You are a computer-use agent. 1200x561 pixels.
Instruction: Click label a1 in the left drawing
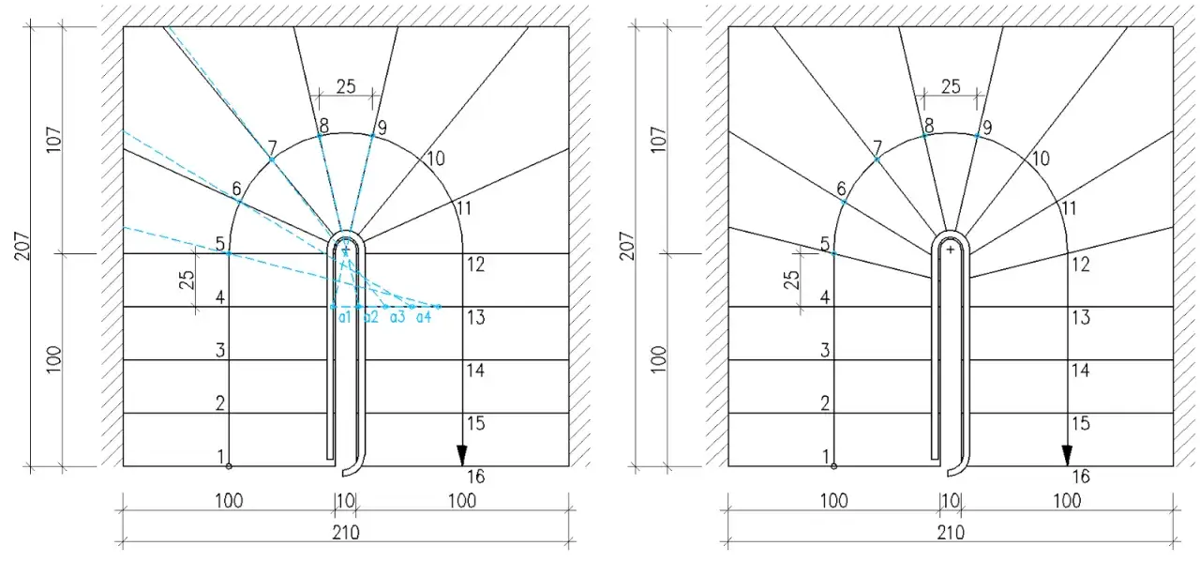pyautogui.click(x=344, y=317)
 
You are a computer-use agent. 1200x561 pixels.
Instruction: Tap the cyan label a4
pyautogui.click(x=424, y=317)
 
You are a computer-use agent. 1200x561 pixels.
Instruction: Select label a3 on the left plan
pyautogui.click(x=397, y=317)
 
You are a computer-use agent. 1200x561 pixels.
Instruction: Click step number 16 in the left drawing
pyautogui.click(x=475, y=477)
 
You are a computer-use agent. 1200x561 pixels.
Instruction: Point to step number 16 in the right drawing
pyautogui.click(x=1081, y=477)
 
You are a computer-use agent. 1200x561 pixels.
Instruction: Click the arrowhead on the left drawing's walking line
pyautogui.click(x=462, y=455)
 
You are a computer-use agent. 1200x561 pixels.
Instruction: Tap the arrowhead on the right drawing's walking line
pyautogui.click(x=1067, y=455)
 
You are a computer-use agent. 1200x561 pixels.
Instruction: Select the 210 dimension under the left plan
pyautogui.click(x=346, y=533)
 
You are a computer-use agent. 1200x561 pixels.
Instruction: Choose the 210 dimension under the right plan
pyautogui.click(x=951, y=533)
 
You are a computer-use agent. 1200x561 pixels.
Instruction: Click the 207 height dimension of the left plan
pyautogui.click(x=22, y=246)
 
